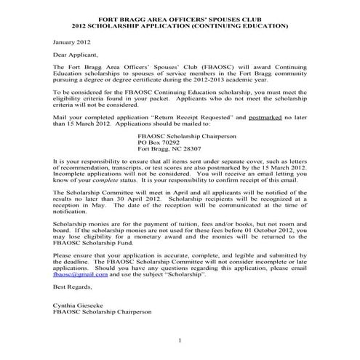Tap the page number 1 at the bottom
coord(179,341)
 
